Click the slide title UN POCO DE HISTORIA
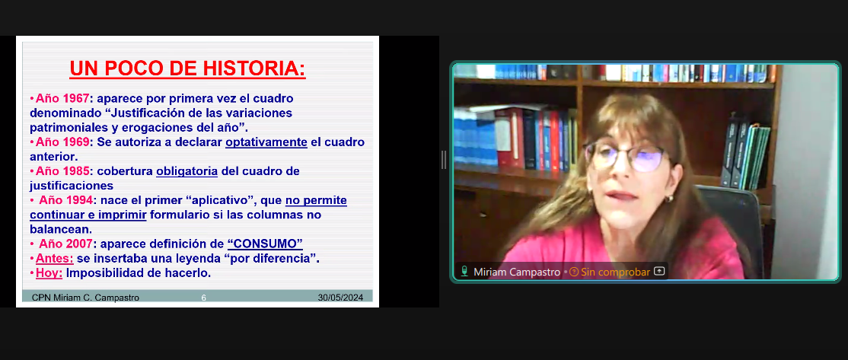tap(188, 68)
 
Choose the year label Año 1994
tap(65, 200)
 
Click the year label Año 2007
tap(65, 244)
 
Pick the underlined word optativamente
tap(266, 142)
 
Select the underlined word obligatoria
tap(186, 172)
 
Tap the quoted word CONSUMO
tap(265, 244)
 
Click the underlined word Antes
tap(55, 258)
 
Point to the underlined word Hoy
tap(49, 273)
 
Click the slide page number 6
tap(203, 298)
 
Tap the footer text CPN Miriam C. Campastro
tap(85, 298)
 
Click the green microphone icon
tap(464, 272)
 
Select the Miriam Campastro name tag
tap(517, 272)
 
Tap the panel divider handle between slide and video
tap(444, 160)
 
